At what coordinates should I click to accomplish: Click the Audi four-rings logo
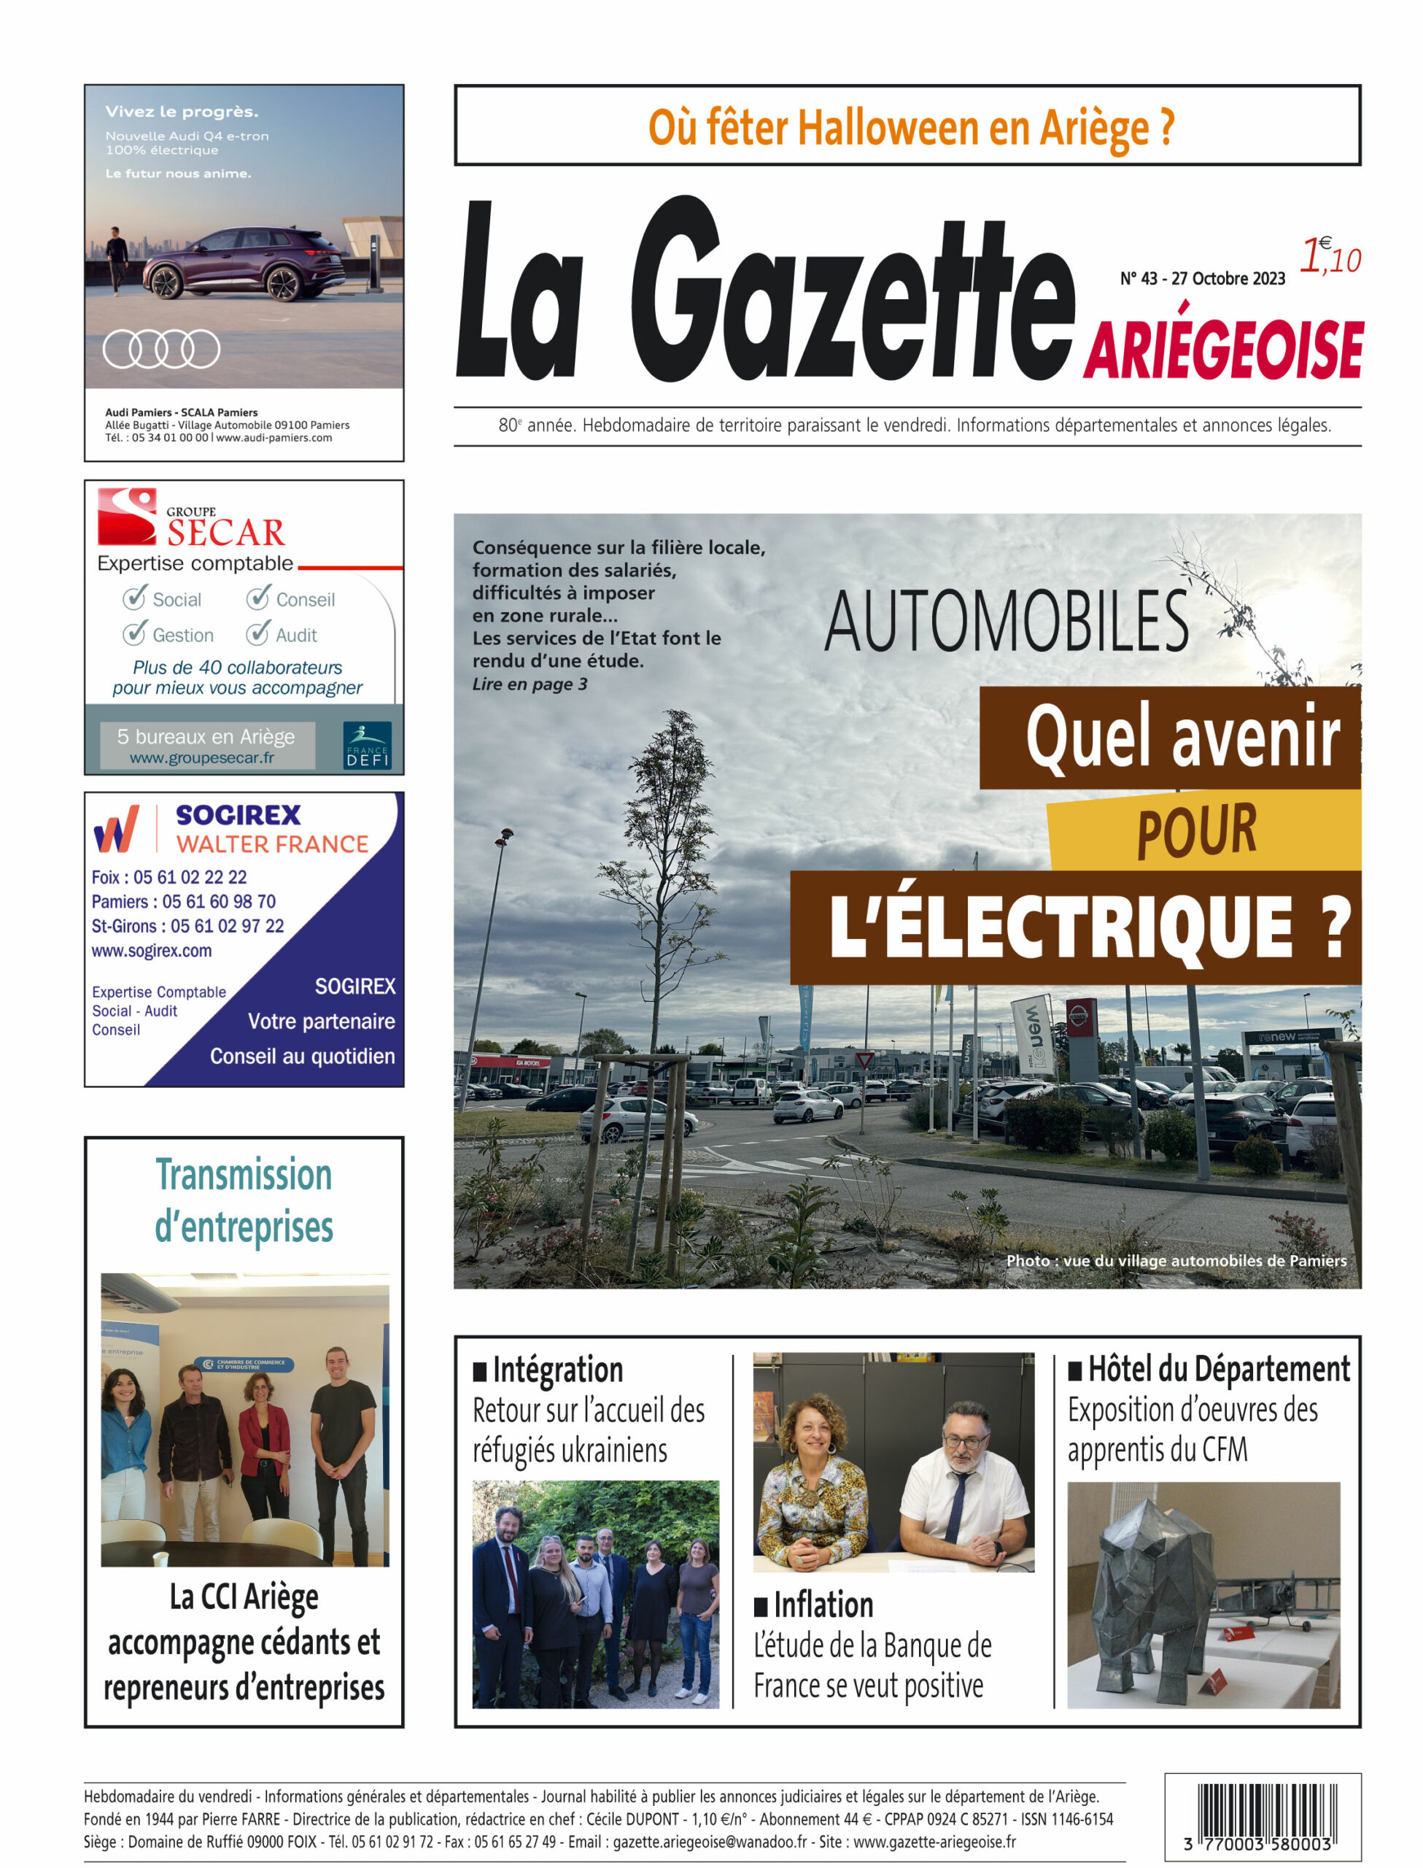pyautogui.click(x=161, y=348)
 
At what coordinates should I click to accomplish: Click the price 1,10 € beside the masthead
pyautogui.click(x=1330, y=256)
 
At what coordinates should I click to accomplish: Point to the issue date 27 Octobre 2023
pyautogui.click(x=1228, y=279)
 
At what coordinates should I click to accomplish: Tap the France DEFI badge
pyautogui.click(x=367, y=745)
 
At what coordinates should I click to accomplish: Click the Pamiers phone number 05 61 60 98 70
pyautogui.click(x=219, y=901)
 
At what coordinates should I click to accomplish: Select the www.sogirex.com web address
pyautogui.click(x=152, y=951)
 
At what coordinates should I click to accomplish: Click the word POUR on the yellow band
pyautogui.click(x=1196, y=831)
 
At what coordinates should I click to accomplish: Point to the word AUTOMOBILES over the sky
pyautogui.click(x=1007, y=622)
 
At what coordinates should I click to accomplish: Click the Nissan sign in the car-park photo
pyautogui.click(x=1077, y=1016)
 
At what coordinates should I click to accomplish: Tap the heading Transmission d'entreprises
pyautogui.click(x=244, y=1200)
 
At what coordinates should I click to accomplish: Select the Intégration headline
pyautogui.click(x=557, y=1370)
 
